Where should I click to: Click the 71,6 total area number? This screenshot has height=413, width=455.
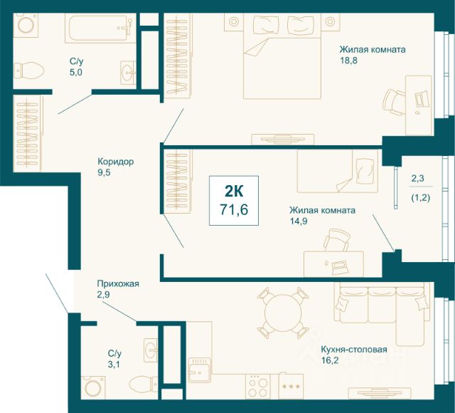tap(234, 209)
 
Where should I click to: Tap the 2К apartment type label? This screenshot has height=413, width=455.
tap(234, 192)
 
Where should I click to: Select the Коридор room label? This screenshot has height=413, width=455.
tap(115, 162)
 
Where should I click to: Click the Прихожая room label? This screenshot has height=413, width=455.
tap(118, 283)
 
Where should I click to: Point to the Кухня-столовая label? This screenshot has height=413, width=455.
tap(354, 350)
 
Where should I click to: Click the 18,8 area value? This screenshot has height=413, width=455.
tap(348, 61)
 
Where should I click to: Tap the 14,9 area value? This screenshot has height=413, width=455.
tap(299, 221)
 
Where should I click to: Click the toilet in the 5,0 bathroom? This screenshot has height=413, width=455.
tap(28, 70)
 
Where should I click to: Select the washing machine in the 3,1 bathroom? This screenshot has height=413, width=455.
tap(93, 387)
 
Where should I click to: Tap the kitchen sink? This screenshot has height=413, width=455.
tap(199, 370)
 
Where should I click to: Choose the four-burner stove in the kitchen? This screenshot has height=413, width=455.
tap(258, 386)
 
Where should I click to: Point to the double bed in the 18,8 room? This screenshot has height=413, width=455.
tap(282, 56)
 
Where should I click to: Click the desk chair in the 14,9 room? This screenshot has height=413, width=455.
tap(336, 240)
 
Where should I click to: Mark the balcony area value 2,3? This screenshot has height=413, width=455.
tap(417, 178)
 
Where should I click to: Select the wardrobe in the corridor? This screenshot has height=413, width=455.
tap(28, 133)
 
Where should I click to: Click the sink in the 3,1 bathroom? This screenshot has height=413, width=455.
tap(151, 350)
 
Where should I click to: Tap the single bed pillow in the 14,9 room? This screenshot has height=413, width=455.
tap(364, 171)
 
